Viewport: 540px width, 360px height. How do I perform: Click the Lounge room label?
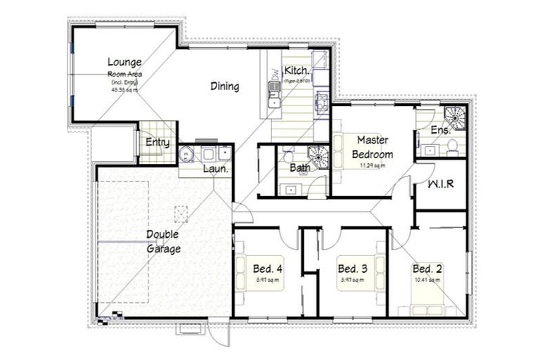click(x=124, y=62)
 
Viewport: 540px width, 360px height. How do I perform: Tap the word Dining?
click(x=225, y=86)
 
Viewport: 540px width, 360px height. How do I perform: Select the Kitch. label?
click(x=295, y=70)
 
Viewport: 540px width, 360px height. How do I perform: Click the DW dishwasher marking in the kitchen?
click(x=273, y=72)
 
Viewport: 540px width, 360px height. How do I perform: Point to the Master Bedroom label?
click(x=372, y=147)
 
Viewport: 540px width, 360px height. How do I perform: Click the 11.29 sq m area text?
click(x=372, y=166)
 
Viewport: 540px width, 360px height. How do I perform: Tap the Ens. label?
click(x=440, y=130)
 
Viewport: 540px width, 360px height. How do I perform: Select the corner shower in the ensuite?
click(x=456, y=116)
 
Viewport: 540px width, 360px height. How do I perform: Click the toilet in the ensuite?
click(x=452, y=146)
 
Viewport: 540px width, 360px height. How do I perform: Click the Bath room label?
click(x=299, y=168)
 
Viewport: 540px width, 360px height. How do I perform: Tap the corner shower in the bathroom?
click(x=319, y=156)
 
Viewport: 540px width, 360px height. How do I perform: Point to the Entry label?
click(x=157, y=143)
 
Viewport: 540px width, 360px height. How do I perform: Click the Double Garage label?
click(x=163, y=241)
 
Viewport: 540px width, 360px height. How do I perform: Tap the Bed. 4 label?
click(x=268, y=269)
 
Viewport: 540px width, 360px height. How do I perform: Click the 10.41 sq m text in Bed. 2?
click(x=427, y=281)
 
